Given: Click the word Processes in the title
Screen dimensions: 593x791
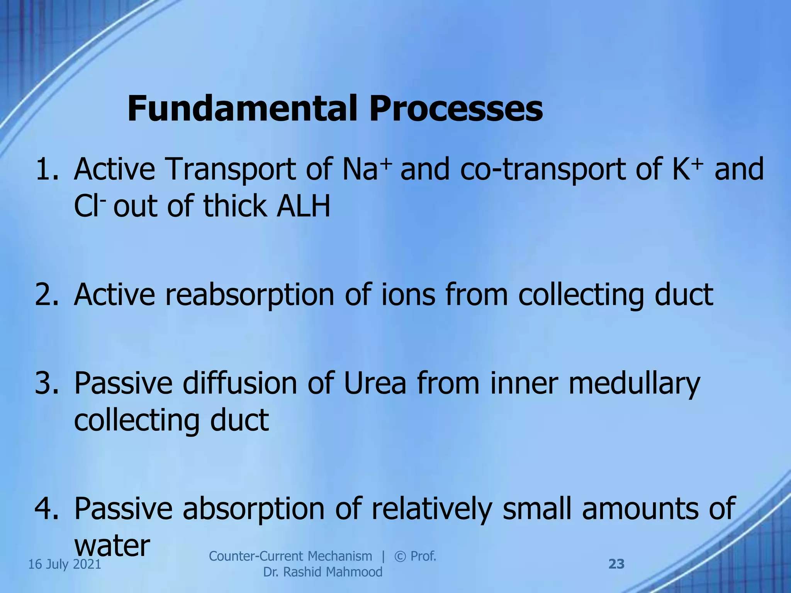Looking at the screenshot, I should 455,109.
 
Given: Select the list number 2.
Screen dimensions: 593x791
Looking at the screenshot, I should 46,295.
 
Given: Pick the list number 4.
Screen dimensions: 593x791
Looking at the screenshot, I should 46,508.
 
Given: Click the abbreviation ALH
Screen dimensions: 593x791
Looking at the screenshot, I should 303,206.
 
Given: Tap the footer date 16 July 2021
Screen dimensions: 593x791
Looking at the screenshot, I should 65,564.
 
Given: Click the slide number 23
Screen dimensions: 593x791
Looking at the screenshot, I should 616,564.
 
